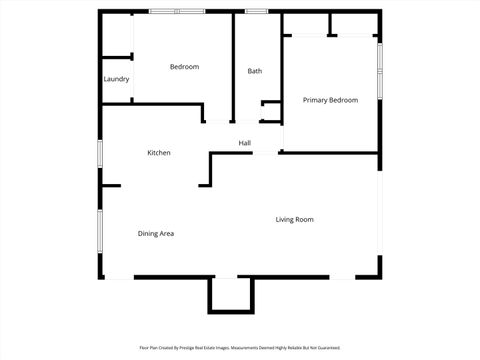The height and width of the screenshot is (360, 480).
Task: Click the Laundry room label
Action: (116, 79)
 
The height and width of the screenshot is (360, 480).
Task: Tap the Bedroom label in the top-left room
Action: (184, 67)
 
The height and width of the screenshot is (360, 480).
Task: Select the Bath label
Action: (255, 71)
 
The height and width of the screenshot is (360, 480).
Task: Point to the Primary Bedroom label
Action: (330, 100)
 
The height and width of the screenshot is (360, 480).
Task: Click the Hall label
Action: (244, 143)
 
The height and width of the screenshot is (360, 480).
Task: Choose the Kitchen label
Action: (159, 153)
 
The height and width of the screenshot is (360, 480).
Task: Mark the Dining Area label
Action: (156, 233)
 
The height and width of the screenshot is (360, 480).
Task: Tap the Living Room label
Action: (295, 219)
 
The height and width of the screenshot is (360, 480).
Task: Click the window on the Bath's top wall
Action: (257, 11)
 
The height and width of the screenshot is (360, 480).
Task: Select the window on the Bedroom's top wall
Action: (176, 11)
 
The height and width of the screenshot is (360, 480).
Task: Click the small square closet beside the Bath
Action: (271, 111)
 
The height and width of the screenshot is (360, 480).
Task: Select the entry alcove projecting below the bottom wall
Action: (230, 294)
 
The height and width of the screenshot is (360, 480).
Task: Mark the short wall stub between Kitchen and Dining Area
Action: (110, 185)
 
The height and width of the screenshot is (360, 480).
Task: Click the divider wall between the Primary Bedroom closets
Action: (333, 24)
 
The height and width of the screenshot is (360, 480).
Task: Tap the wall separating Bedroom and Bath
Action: (233, 65)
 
